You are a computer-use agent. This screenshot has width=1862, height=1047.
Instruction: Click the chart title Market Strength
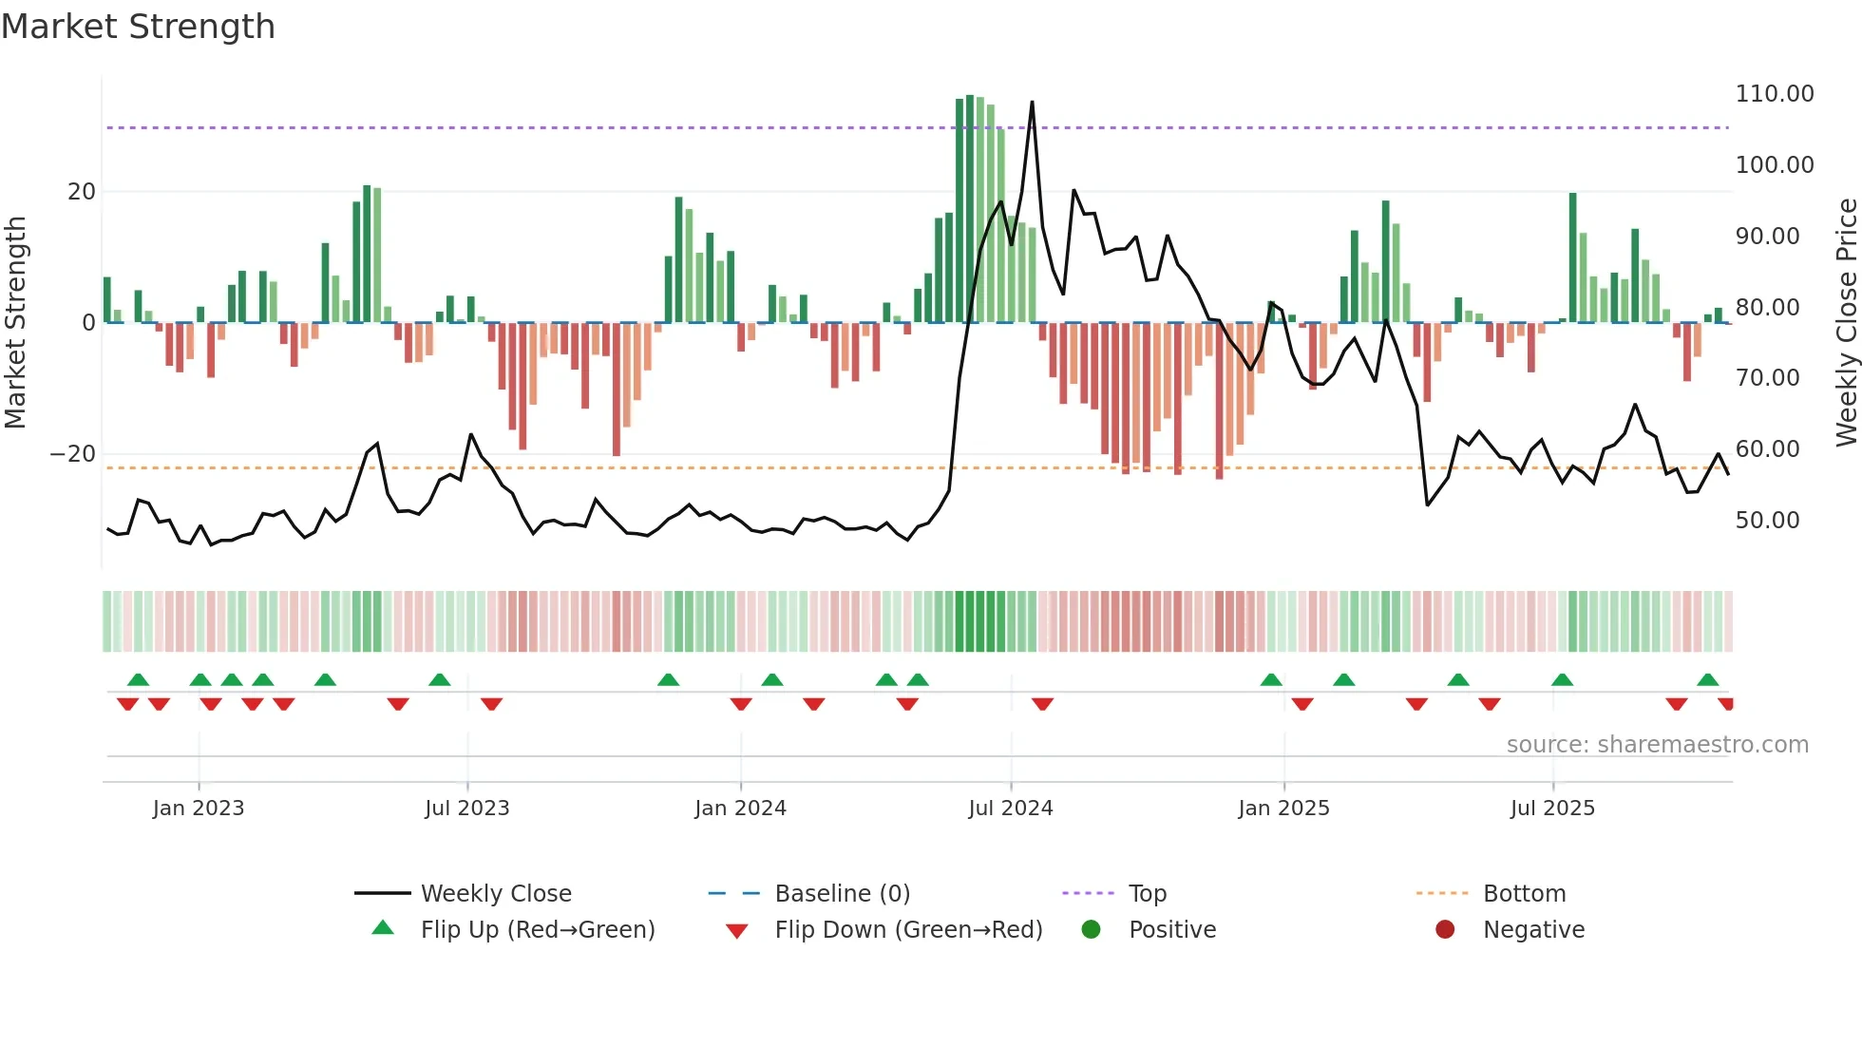(x=139, y=27)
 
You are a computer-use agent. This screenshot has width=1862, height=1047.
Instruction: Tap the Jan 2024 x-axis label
(x=740, y=809)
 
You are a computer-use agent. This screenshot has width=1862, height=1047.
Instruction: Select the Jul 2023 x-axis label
(x=466, y=809)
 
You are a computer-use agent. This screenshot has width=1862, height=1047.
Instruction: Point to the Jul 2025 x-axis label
(x=1552, y=809)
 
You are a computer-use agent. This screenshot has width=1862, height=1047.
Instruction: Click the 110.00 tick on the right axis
(x=1774, y=94)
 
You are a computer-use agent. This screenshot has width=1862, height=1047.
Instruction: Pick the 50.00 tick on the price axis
(x=1767, y=521)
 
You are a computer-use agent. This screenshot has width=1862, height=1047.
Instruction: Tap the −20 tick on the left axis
(x=73, y=454)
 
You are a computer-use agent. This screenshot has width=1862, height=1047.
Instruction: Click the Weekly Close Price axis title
(x=1846, y=323)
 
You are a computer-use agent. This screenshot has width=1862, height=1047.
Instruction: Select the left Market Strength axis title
(x=15, y=323)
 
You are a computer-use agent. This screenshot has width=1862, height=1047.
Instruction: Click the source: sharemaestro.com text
(x=1657, y=745)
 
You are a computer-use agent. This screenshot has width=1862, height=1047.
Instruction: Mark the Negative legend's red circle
(x=1445, y=929)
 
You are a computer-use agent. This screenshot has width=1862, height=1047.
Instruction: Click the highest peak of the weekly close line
(x=1032, y=103)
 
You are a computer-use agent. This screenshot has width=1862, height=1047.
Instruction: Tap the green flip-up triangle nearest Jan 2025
(x=1271, y=679)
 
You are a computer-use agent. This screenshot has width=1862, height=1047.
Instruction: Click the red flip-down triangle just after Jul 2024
(x=1042, y=704)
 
